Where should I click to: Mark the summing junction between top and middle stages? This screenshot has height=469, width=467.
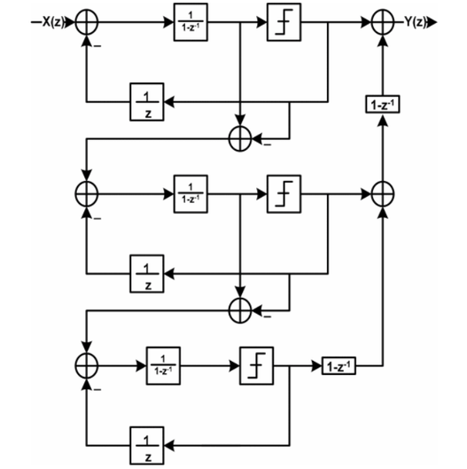point(240,137)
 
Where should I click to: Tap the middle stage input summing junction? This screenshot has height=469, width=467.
point(87,192)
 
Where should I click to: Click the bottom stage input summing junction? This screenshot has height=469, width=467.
point(87,364)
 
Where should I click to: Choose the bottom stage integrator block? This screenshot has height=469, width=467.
point(160,364)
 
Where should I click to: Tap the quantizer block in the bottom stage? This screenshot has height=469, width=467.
point(254,364)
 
